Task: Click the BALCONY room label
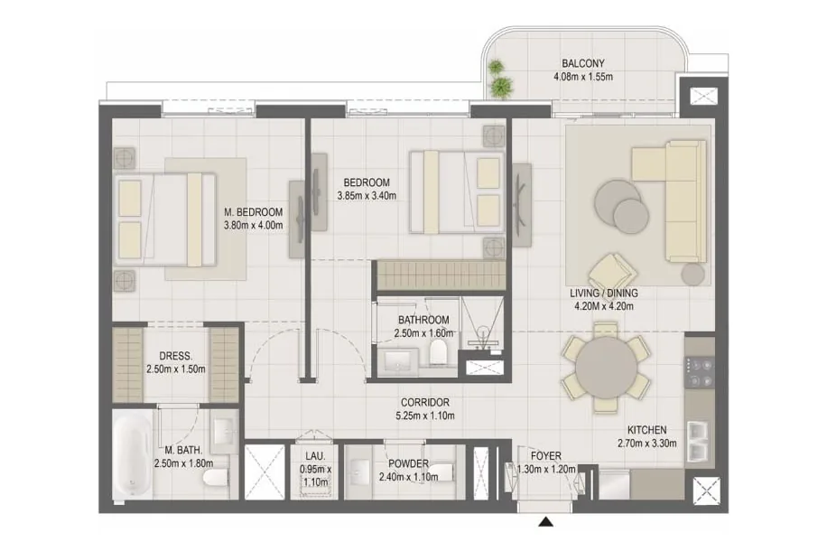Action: [x=583, y=63]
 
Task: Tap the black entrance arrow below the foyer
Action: [x=546, y=522]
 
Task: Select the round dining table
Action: [x=606, y=368]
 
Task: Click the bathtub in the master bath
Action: [x=133, y=454]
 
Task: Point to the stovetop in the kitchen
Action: [x=700, y=372]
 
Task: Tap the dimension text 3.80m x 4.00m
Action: [x=254, y=225]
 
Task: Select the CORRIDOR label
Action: [x=425, y=402]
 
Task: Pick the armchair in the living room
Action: [x=612, y=272]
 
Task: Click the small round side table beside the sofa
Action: [x=692, y=275]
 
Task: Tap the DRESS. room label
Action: [x=176, y=356]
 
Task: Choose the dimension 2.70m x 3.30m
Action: [x=647, y=444]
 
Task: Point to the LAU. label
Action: [x=315, y=456]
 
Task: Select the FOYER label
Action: [x=546, y=456]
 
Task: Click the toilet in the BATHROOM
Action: [x=438, y=352]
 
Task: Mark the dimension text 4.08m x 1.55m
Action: [x=583, y=77]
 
